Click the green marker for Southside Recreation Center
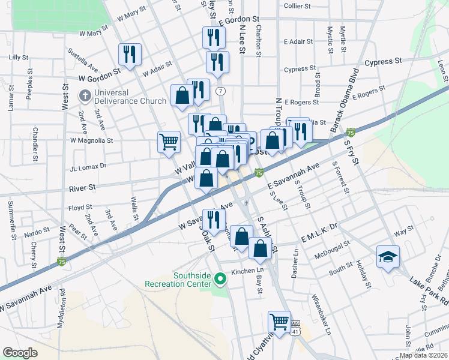pyautogui.click(x=220, y=278)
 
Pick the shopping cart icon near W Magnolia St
pyautogui.click(x=169, y=142)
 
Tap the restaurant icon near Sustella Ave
pyautogui.click(x=130, y=55)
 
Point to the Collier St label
pyautogui.click(x=297, y=5)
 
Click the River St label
pyautogui.click(x=83, y=188)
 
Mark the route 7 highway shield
pyautogui.click(x=221, y=91)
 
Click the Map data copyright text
pyautogui.click(x=423, y=355)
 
